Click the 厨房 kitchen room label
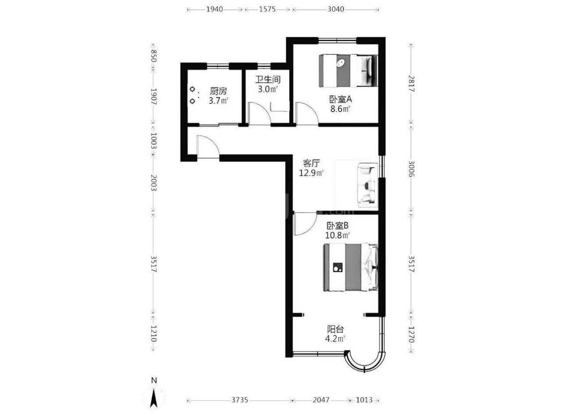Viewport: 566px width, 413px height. pos(219,91)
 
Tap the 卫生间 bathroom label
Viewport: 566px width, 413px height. pos(268,80)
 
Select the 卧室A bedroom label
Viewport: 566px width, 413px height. pos(340,99)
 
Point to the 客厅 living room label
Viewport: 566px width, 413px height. pos(312,163)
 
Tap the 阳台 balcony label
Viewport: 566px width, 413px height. pos(335,329)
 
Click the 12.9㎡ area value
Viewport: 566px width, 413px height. pos(312,173)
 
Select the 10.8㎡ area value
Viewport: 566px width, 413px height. pos(337,235)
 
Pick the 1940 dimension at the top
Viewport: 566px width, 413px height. pos(215,9)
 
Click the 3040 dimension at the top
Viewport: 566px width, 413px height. pos(336,9)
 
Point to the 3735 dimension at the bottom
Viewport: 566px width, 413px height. pos(240,399)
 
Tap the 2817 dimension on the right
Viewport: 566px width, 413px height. pos(411,84)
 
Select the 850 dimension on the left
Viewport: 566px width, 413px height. pos(154,56)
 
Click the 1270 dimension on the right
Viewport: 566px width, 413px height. pos(411,334)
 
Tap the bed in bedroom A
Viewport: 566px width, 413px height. pos(348,71)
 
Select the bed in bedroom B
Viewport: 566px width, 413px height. pos(351,267)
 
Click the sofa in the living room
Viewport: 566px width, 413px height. pos(368,185)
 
